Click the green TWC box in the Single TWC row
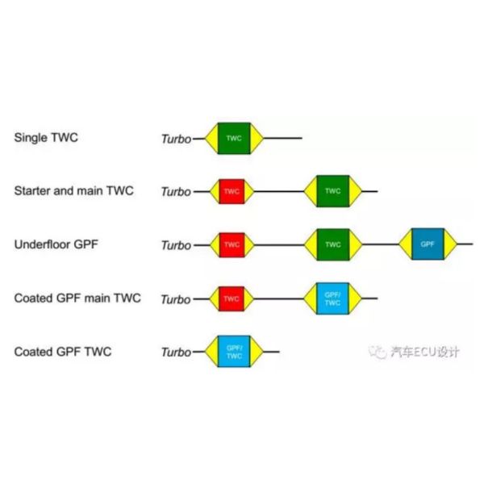point(234,138)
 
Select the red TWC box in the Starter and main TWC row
point(232,191)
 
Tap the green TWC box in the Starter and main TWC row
point(332,191)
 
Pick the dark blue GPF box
point(428,244)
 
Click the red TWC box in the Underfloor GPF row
point(232,244)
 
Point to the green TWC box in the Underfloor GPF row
point(333,244)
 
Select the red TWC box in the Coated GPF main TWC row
point(232,298)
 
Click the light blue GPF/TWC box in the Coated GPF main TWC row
point(332,298)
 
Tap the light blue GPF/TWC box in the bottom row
point(234,352)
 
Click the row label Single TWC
point(46,138)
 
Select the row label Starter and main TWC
point(74,190)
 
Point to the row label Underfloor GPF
point(56,244)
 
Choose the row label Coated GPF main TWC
point(77,298)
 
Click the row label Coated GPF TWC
point(63,352)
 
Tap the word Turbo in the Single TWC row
point(177,139)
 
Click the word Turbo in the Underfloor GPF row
point(177,245)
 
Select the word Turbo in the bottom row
point(177,353)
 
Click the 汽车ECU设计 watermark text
point(425,352)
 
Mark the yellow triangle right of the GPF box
point(451,244)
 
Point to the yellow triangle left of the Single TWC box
point(211,138)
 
